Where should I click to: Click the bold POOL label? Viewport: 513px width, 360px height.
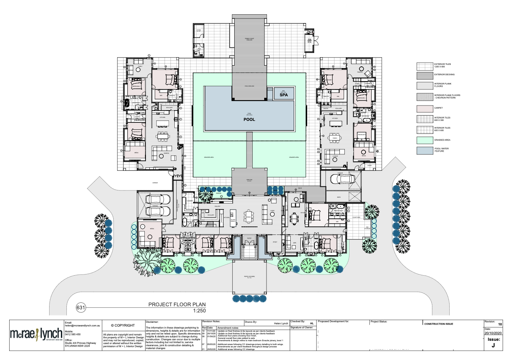coord(249,119)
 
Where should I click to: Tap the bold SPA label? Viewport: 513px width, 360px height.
coord(284,95)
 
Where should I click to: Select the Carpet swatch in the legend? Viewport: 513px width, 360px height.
coord(424,108)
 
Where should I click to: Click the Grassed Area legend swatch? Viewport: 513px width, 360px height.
coord(424,140)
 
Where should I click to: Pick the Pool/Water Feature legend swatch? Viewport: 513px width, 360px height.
coord(424,150)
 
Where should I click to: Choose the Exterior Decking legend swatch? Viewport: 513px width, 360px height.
coord(424,75)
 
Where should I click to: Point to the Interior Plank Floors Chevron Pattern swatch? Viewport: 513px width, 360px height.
coord(424,97)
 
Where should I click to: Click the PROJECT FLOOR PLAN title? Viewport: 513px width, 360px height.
coord(177,304)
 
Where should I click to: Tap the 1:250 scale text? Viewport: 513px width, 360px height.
coord(199,310)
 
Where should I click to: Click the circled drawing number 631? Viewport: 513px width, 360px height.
coord(81,307)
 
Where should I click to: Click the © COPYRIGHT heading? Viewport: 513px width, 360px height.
coord(123,325)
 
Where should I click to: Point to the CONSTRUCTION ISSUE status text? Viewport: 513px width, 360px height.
coord(439,324)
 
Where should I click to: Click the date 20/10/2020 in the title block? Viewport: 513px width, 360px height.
coord(493,333)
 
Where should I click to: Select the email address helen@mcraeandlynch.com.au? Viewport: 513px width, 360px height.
coord(83,325)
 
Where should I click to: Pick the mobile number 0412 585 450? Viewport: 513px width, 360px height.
coord(73,334)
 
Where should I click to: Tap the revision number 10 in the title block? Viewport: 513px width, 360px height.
coord(499,324)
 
